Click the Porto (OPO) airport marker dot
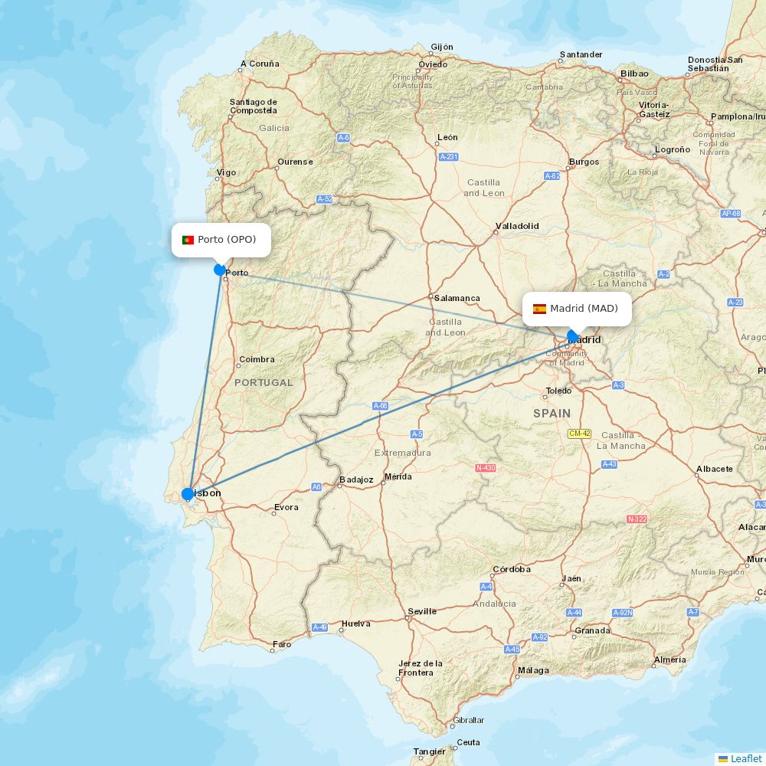[x=220, y=270]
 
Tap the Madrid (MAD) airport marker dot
[x=572, y=336]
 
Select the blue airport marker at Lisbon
[x=188, y=494]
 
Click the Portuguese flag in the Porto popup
[x=188, y=240]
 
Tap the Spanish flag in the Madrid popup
[x=539, y=309]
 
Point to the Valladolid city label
[x=517, y=226]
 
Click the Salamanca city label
[x=457, y=298]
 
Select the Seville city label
[x=422, y=611]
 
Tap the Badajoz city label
[x=356, y=480]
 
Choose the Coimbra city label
[x=257, y=359]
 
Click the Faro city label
[x=283, y=644]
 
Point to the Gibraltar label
[x=469, y=720]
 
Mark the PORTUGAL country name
[x=264, y=382]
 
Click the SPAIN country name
[x=552, y=413]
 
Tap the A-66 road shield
[x=381, y=405]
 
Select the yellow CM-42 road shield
[x=579, y=434]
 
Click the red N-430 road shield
[x=486, y=467]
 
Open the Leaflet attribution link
[x=745, y=758]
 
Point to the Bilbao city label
[x=634, y=74]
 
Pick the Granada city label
[x=592, y=630]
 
